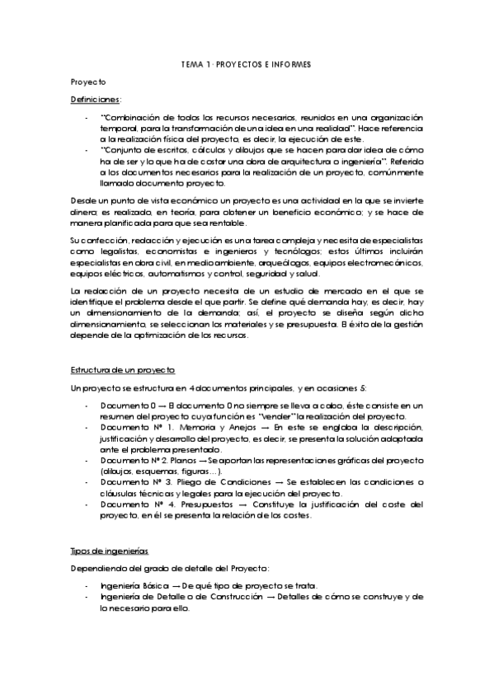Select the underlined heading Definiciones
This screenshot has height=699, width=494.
coord(95,100)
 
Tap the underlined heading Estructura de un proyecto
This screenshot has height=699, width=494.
coord(121,370)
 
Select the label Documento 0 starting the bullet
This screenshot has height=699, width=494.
coord(126,406)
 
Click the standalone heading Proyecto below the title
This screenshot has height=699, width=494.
coord(88,82)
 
